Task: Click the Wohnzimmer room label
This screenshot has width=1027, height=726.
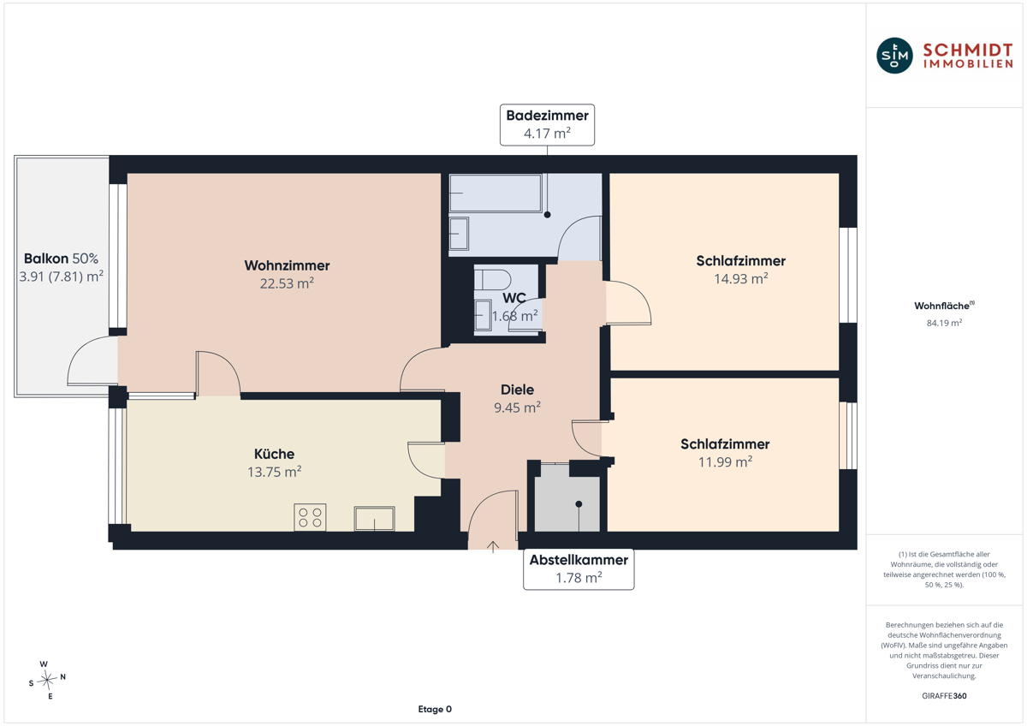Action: (287, 265)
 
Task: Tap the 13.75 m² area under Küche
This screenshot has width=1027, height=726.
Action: (274, 472)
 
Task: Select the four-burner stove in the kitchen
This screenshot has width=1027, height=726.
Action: (310, 517)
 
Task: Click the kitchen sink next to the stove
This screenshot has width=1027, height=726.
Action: (374, 518)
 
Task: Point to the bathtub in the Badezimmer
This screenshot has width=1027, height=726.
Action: (496, 193)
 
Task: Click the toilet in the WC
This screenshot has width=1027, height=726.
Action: (492, 279)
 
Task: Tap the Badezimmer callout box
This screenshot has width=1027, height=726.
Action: (547, 125)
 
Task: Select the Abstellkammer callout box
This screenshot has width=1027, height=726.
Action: (579, 568)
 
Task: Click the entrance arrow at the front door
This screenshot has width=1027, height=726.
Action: (493, 547)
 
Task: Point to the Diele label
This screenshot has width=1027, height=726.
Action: (517, 390)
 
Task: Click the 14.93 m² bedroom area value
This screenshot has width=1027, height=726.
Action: (741, 278)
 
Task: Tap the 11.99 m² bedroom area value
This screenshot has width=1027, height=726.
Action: (725, 461)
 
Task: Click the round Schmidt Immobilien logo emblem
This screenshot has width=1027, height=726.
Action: (894, 56)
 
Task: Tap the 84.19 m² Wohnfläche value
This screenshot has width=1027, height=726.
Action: (944, 323)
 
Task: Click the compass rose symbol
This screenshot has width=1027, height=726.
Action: (47, 680)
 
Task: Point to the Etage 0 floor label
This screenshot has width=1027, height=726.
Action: (435, 709)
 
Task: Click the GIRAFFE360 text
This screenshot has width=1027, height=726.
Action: (944, 696)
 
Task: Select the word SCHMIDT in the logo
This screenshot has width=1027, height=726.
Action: (967, 51)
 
